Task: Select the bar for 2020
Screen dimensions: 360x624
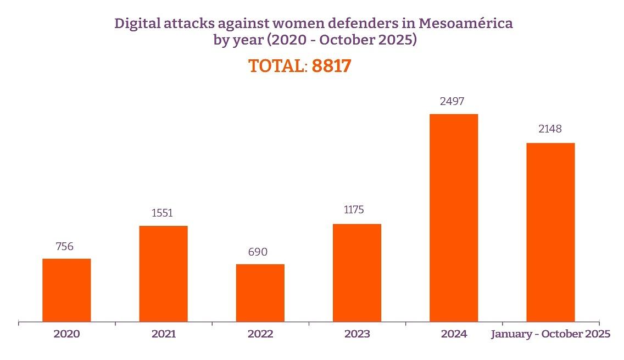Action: (66, 290)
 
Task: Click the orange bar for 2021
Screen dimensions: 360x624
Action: (163, 273)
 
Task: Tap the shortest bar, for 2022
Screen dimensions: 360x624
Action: (260, 292)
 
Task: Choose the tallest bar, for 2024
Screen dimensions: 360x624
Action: (454, 217)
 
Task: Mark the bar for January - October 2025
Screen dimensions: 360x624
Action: (550, 232)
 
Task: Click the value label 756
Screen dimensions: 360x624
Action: (64, 246)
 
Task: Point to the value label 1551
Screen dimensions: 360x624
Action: (162, 213)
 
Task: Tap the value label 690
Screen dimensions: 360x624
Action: (258, 252)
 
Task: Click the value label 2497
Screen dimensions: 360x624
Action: (453, 101)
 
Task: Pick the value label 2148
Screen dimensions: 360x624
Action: (550, 130)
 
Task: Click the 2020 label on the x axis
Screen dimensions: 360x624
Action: (66, 334)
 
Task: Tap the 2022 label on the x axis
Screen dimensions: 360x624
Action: (260, 334)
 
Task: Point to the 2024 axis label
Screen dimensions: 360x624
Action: (454, 334)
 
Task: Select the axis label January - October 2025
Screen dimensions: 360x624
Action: (550, 334)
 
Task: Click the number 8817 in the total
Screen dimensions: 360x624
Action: (331, 66)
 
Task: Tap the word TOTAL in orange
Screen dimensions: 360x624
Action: (276, 66)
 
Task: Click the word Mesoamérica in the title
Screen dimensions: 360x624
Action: (465, 24)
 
